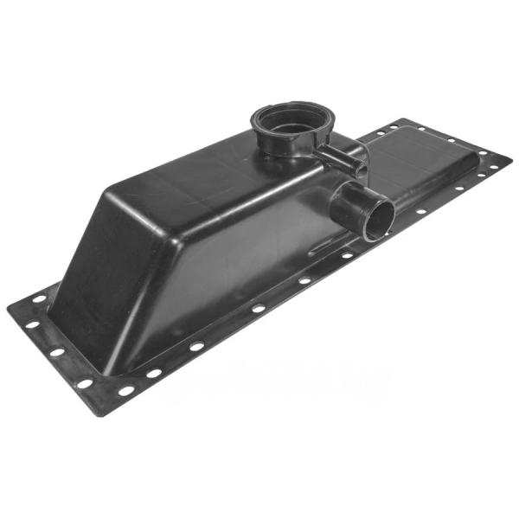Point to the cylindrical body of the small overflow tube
pyautogui.click(x=333, y=156)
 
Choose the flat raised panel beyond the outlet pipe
pyautogui.click(x=424, y=173)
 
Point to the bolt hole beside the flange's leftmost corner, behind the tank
pyautogui.click(x=39, y=298)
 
